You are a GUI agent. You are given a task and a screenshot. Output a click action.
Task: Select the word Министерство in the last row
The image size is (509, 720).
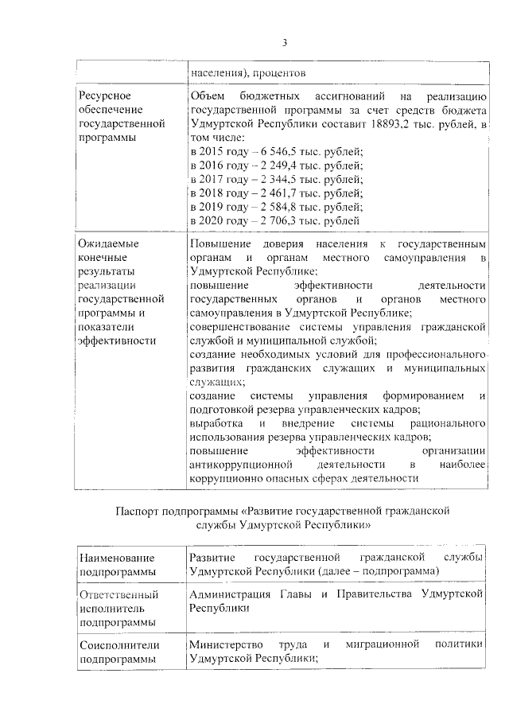[230, 644]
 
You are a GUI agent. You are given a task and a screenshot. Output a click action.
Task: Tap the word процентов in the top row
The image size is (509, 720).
[275, 74]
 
